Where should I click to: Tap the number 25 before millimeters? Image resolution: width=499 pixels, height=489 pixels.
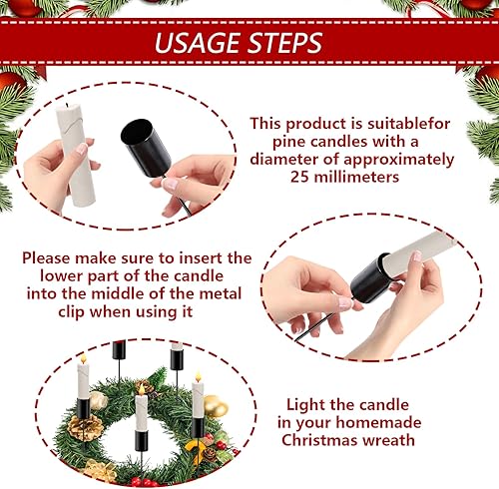[299, 177]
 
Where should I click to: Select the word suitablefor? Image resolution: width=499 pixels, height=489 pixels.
[408, 124]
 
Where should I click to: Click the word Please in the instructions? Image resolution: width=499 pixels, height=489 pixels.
[46, 258]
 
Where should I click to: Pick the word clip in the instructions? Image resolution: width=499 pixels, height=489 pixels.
[71, 312]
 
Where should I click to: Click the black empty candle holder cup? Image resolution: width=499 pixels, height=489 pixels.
[146, 147]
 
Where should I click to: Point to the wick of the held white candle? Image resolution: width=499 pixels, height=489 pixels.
[67, 105]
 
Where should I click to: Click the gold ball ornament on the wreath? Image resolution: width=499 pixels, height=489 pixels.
[216, 405]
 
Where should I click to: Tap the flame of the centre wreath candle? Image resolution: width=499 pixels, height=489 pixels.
[142, 389]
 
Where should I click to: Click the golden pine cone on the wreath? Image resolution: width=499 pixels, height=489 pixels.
[86, 427]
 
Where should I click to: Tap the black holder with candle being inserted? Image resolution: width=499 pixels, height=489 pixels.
[370, 278]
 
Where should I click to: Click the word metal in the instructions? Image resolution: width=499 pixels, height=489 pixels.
[221, 294]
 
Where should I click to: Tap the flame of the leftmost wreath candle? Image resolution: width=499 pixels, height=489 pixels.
[83, 359]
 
